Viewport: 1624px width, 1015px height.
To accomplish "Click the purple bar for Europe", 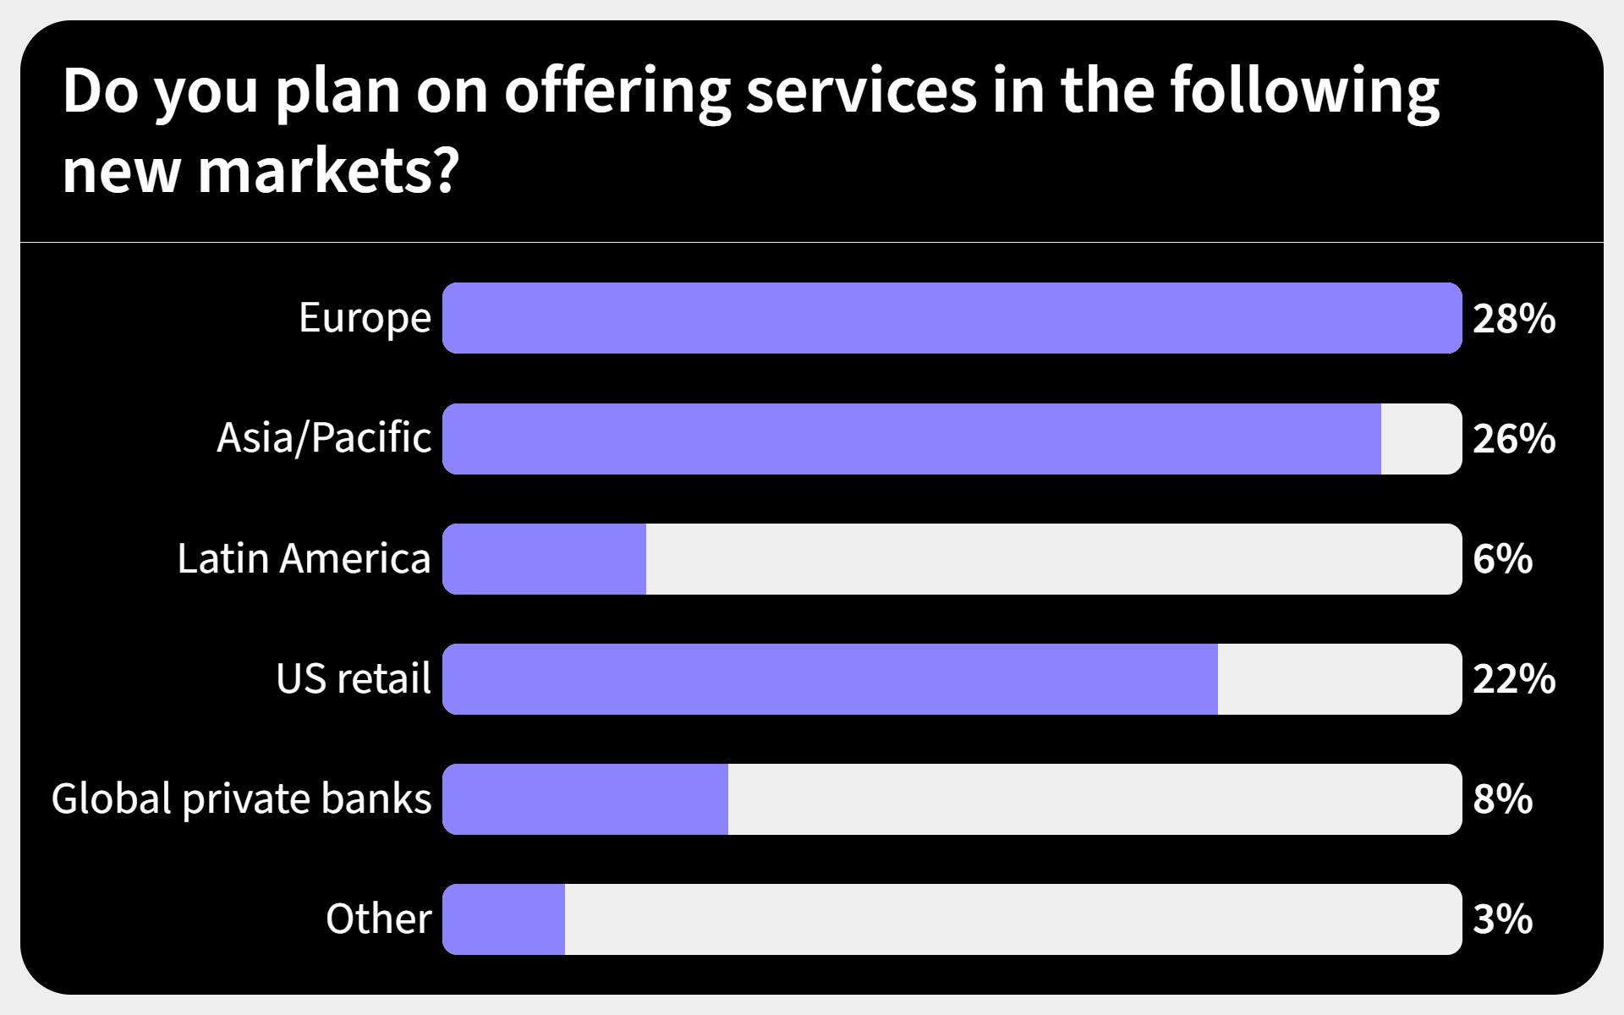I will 952,318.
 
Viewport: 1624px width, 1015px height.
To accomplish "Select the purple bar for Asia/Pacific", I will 912,439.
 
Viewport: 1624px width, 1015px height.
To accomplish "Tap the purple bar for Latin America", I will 545,559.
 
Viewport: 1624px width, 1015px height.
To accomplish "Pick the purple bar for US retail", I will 830,679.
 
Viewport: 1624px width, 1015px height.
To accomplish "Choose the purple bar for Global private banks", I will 585,799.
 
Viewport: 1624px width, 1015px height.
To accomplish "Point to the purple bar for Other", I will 504,919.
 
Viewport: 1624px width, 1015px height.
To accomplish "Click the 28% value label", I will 1513,319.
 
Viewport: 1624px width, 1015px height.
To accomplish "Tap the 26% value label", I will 1513,439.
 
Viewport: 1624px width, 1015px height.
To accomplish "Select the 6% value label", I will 1502,559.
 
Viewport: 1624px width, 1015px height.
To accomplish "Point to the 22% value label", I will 1513,679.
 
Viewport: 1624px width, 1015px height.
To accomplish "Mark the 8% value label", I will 1502,799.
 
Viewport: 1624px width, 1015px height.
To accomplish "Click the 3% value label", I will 1502,919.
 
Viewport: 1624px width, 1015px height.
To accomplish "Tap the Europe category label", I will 365,319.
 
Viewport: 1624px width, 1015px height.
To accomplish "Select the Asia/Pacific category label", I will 324,439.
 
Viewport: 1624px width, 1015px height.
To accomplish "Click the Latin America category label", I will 304,559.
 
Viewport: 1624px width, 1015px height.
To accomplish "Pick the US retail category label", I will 354,679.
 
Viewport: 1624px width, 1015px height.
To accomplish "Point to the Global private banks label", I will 241,799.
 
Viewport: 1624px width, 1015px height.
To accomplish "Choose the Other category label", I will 378,919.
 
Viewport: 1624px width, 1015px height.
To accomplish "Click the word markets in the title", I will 328,171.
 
